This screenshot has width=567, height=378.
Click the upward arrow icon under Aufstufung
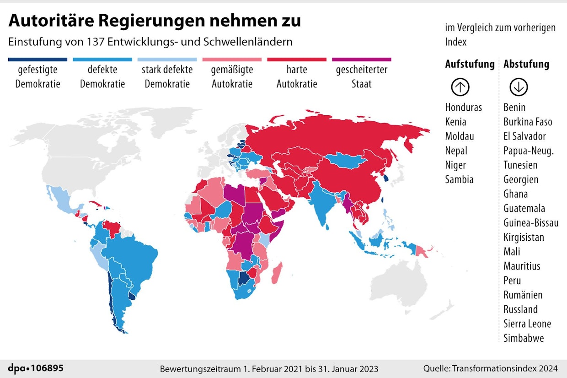(x=460, y=87)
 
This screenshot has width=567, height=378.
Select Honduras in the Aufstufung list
(x=463, y=108)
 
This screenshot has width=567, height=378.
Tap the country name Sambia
(x=459, y=179)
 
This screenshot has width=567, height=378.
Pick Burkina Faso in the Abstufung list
(x=528, y=122)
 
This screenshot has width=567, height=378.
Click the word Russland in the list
(x=520, y=309)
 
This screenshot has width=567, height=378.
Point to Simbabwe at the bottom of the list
(x=524, y=338)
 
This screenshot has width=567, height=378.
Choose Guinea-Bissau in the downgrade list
(x=531, y=223)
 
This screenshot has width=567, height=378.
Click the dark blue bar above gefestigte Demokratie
(x=37, y=59)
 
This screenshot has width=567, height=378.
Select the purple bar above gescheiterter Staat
(x=361, y=59)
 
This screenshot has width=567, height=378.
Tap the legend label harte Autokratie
(x=297, y=77)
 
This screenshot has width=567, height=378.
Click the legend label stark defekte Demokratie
(x=167, y=77)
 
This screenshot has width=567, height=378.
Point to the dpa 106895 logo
(x=36, y=368)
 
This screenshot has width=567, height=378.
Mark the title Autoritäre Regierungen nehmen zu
(x=155, y=21)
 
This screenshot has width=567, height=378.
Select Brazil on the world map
(x=133, y=256)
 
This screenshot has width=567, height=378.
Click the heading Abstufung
(x=526, y=64)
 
